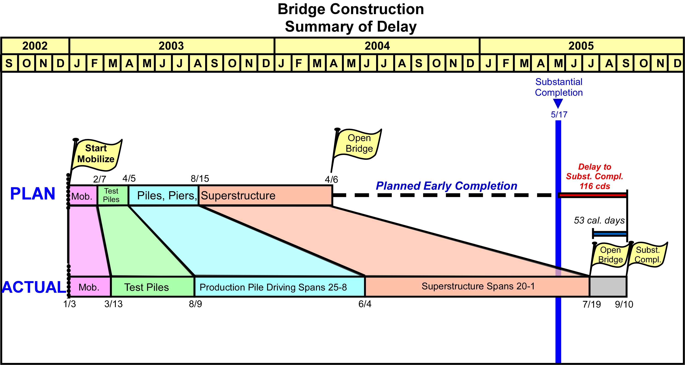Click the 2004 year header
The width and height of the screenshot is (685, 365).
[x=377, y=46]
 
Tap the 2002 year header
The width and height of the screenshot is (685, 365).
[x=35, y=46]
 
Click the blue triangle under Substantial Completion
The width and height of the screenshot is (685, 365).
[x=558, y=103]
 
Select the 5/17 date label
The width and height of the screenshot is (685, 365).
[x=559, y=115]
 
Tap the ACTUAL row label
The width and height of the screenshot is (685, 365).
[x=34, y=287]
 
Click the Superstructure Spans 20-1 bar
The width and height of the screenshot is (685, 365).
[x=478, y=286]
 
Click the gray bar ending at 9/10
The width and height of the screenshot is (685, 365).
[x=608, y=287]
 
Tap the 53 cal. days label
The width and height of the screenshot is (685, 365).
[x=599, y=220]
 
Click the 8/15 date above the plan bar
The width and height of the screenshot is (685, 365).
[x=200, y=179]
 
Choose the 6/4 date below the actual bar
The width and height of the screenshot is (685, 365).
[x=365, y=304]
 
